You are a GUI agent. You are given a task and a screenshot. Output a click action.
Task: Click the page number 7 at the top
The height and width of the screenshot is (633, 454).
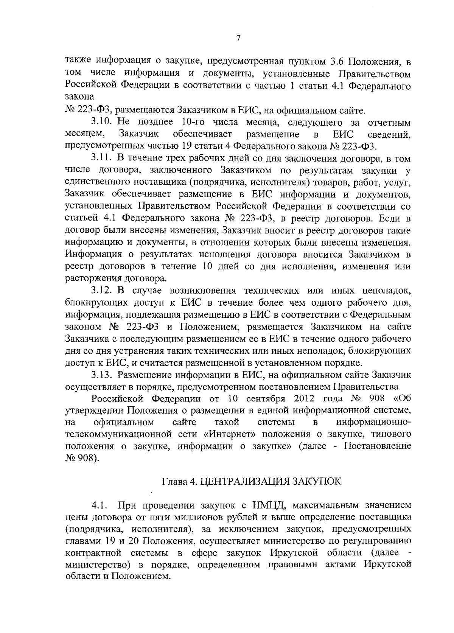tap(238, 38)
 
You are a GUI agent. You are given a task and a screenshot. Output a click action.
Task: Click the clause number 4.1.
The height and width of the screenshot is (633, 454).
tap(100, 505)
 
